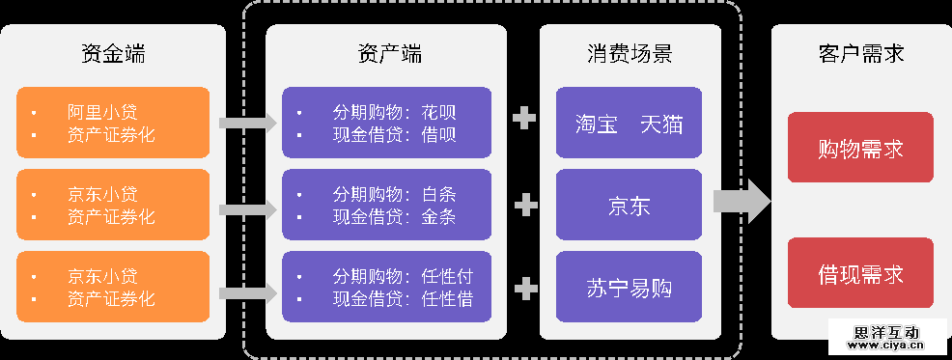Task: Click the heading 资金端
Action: (113, 54)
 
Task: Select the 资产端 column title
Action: (385, 54)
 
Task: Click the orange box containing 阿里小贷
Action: (113, 122)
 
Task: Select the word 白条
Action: (439, 193)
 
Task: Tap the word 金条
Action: (439, 216)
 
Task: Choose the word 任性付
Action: (447, 276)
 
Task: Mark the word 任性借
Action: (447, 299)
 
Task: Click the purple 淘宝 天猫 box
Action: (629, 123)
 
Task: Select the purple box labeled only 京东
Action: (629, 205)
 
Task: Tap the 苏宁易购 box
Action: (629, 287)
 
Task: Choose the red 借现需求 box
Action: (860, 273)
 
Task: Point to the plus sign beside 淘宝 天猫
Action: (524, 119)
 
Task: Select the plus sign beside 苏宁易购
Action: (525, 288)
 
